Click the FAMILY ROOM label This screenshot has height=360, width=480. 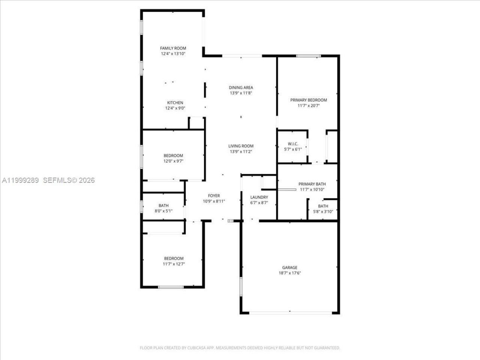(173, 48)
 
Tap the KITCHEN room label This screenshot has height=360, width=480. (175, 103)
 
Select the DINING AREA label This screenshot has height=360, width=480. (241, 88)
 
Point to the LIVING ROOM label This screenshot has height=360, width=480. (241, 146)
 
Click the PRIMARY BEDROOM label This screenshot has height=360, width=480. (309, 100)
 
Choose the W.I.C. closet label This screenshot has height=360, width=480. (293, 144)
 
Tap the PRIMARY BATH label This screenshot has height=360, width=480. (312, 184)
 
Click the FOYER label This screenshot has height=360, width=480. (214, 196)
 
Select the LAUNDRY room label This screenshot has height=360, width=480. (259, 198)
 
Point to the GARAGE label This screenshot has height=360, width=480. (289, 268)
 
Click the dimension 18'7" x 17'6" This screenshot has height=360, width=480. (289, 273)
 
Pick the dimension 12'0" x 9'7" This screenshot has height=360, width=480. (173, 161)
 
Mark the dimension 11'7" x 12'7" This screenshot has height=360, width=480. (174, 264)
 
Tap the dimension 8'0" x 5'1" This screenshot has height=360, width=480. (163, 211)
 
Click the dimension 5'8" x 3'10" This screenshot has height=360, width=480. (323, 211)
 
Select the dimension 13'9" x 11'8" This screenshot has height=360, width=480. (241, 93)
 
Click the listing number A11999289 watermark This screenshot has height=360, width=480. (21, 180)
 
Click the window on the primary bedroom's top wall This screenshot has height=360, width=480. (309, 56)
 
